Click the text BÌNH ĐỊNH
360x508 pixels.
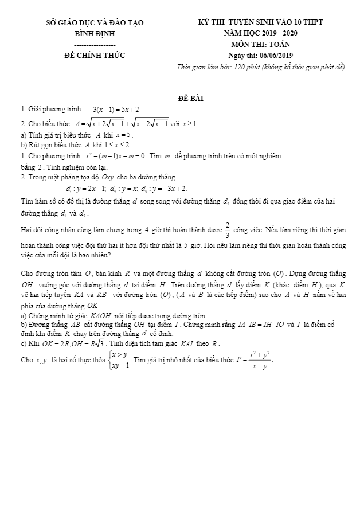pyautogui.click(x=95, y=33)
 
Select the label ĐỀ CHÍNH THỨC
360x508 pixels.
pyautogui.click(x=95, y=56)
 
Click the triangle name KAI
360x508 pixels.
pyautogui.click(x=190, y=344)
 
